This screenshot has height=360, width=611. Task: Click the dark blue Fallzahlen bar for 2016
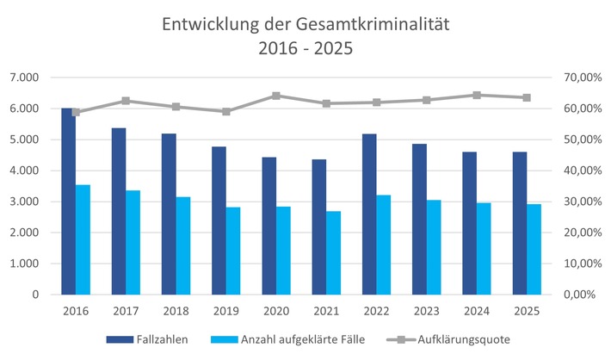[x=68, y=202]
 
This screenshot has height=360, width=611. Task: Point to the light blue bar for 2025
[x=534, y=249]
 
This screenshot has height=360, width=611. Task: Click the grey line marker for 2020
[x=276, y=96]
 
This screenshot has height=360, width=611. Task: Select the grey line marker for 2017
[x=126, y=101]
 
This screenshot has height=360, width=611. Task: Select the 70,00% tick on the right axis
[x=582, y=78]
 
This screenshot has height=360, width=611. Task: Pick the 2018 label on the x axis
[x=176, y=310]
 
